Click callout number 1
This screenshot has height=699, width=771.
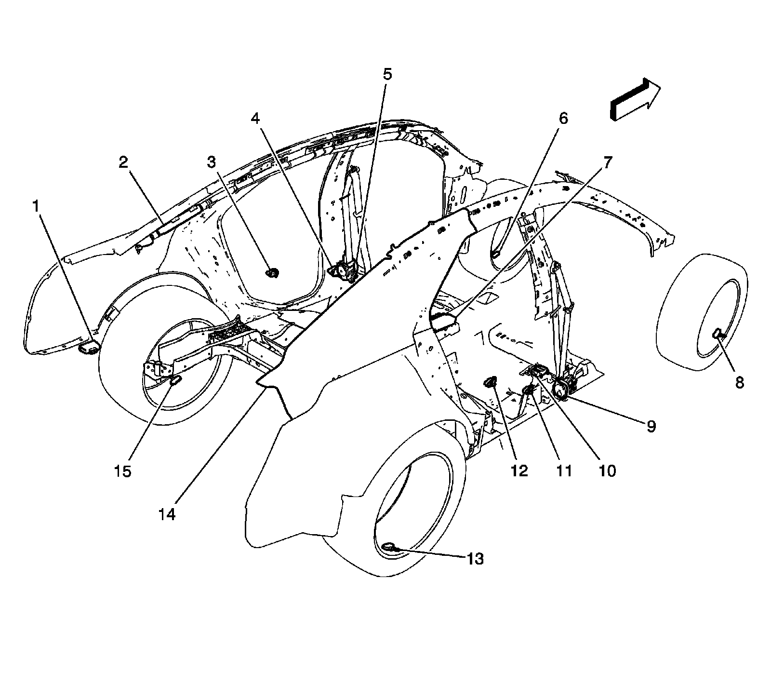[x=35, y=207]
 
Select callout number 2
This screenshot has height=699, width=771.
[x=124, y=162]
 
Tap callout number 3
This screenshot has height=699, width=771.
[x=212, y=162]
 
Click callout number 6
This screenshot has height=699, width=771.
[x=563, y=118]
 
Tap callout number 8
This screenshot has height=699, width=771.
[x=739, y=383]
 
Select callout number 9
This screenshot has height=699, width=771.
[x=651, y=426]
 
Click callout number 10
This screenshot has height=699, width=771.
[x=607, y=470]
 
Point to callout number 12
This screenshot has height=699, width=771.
[x=519, y=470]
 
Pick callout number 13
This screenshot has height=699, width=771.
[x=475, y=559]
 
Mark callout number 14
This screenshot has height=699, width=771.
[x=167, y=515]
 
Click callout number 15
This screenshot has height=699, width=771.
[x=123, y=470]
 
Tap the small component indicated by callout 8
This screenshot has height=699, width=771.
[x=718, y=332]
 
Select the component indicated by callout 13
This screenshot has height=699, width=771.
[x=389, y=547]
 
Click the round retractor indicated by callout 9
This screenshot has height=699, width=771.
[x=561, y=387]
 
